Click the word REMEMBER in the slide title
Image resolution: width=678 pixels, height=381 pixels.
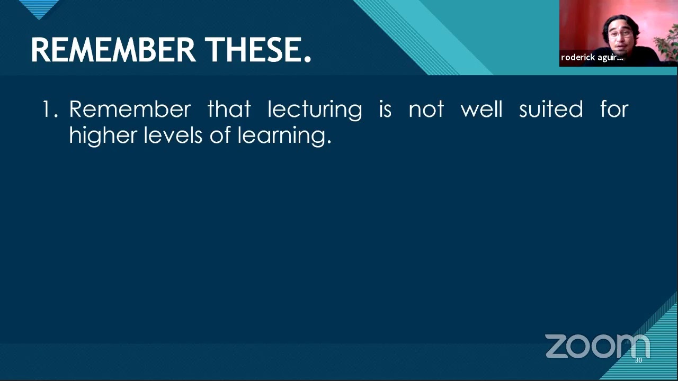[113, 50]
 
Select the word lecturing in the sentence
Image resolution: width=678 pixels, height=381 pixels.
[315, 110]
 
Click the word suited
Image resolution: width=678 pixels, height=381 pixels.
[551, 110]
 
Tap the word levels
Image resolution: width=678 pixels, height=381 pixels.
[173, 135]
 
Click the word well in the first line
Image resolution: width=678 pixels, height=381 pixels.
[481, 110]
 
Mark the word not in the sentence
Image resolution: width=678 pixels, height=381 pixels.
[426, 110]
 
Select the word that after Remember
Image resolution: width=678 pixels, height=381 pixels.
[229, 110]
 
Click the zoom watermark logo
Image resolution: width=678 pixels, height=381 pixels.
[597, 346]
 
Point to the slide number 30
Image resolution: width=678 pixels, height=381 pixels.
[638, 360]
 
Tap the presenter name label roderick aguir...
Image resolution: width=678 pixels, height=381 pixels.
[592, 58]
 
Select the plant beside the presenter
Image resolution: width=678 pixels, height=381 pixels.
[666, 42]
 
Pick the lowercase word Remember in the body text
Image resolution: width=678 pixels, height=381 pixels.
[130, 110]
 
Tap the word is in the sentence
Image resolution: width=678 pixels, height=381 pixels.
[385, 110]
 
